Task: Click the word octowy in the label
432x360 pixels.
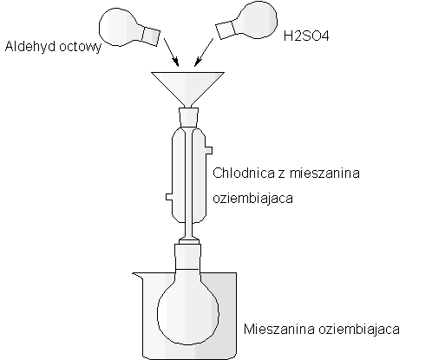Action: [x=77, y=47]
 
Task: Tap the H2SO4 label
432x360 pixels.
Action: [x=306, y=36]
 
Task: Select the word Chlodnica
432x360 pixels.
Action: [x=244, y=173]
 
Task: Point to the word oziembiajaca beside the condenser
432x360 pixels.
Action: [x=253, y=199]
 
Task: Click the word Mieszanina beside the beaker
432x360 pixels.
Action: [x=279, y=329]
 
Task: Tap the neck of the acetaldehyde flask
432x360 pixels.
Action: [x=151, y=36]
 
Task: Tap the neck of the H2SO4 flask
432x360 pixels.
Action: [x=226, y=30]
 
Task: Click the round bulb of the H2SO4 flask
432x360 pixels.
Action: [x=256, y=20]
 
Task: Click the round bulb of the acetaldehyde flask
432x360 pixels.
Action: [x=121, y=27]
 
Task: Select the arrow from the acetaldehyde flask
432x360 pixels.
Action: [x=171, y=52]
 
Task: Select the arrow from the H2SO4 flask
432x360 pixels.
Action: [x=204, y=52]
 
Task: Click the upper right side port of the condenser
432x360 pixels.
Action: [x=209, y=150]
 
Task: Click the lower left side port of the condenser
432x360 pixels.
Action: [x=169, y=197]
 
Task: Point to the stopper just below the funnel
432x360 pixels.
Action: [x=188, y=117]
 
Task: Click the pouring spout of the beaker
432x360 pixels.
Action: [x=138, y=276]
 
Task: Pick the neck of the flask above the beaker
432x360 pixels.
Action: [x=188, y=257]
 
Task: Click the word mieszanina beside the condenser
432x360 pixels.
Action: [x=324, y=173]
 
